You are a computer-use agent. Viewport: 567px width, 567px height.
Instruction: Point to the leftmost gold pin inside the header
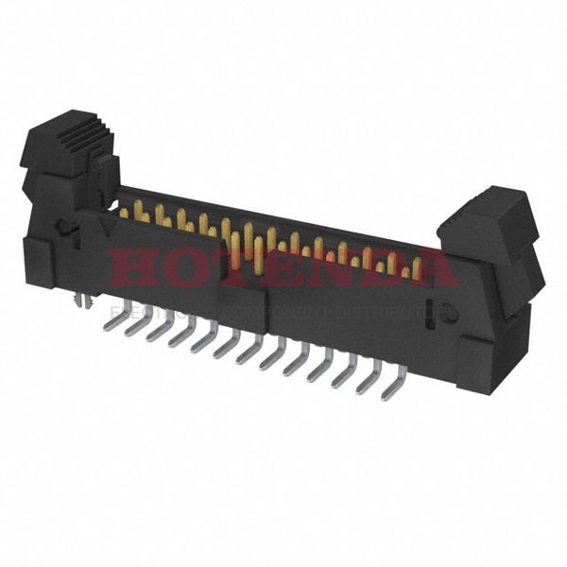point(124,212)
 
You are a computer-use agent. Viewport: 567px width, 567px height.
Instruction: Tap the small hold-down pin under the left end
point(83,300)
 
